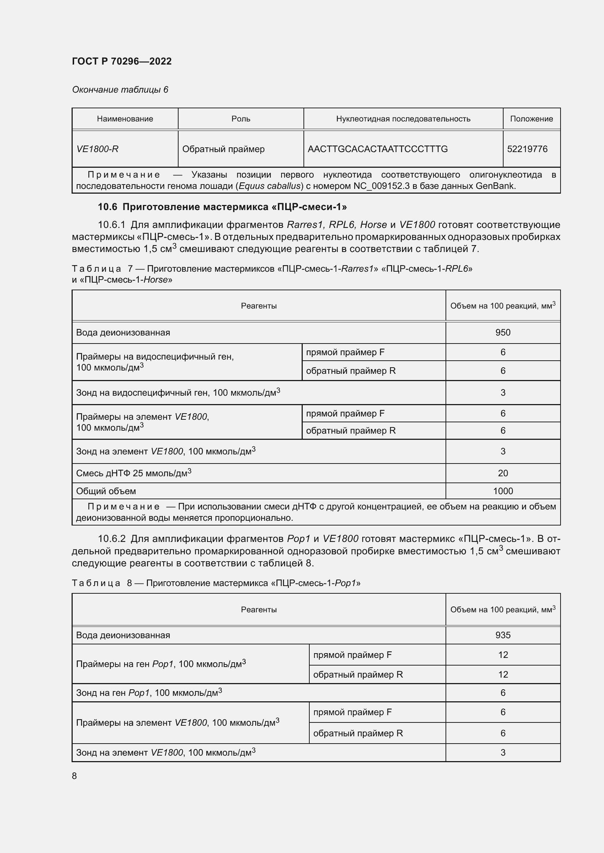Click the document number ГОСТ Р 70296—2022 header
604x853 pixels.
click(122, 61)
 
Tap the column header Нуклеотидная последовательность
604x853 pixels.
click(403, 119)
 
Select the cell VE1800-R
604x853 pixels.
click(98, 149)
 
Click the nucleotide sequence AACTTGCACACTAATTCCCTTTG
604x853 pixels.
click(378, 149)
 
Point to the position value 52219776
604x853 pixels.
click(527, 149)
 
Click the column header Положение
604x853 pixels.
click(531, 119)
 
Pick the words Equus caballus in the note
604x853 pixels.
click(269, 186)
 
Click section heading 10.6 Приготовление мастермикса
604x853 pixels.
click(222, 207)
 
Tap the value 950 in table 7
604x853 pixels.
click(502, 333)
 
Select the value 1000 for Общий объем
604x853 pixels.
click(502, 491)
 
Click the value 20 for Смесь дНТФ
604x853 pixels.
click(502, 473)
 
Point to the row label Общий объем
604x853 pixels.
click(106, 491)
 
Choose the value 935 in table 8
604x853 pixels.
click(502, 635)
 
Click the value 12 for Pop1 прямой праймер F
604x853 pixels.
click(502, 655)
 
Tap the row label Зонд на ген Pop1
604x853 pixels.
click(149, 693)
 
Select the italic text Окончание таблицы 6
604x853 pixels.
click(120, 90)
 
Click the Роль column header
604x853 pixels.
click(241, 119)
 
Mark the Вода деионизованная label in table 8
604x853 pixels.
click(123, 635)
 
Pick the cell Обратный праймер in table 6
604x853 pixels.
click(223, 149)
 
